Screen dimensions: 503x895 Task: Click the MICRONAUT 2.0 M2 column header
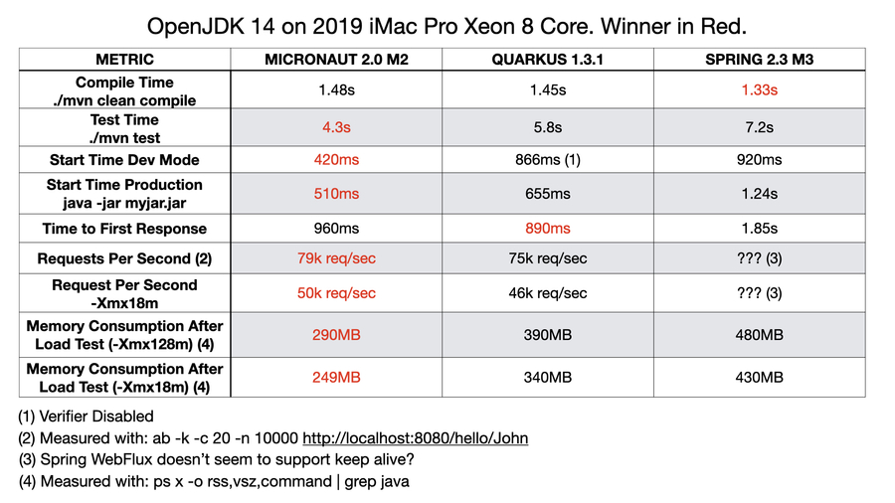336,59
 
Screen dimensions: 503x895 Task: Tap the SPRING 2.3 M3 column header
759,59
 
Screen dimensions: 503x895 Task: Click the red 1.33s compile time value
759,90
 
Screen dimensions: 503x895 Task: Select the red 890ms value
547,228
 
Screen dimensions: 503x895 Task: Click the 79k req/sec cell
336,258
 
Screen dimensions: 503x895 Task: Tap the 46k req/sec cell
547,293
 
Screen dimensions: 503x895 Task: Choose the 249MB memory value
336,378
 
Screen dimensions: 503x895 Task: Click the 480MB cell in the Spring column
759,335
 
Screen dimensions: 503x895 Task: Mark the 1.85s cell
759,228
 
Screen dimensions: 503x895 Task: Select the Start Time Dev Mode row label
124,160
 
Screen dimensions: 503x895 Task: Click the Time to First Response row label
124,228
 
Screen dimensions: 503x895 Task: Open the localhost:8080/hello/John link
415,438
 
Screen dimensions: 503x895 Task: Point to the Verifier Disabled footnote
87,417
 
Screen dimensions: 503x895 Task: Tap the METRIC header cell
124,59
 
